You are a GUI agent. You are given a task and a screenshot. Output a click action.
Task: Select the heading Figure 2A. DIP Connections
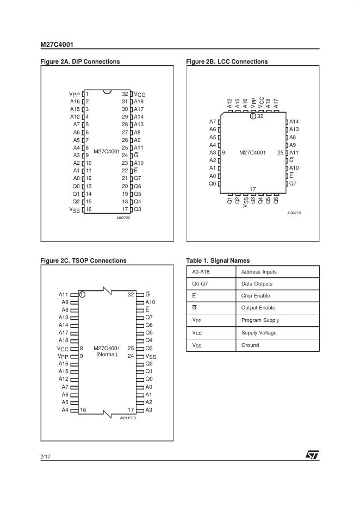(x=80, y=62)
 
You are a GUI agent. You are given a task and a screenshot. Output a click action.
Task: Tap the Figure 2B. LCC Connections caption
(x=227, y=62)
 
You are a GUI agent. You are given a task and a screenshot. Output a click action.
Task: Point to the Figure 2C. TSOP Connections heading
(x=83, y=260)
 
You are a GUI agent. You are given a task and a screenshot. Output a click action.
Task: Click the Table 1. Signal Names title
(x=218, y=260)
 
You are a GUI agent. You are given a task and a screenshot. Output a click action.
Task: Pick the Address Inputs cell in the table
(x=259, y=272)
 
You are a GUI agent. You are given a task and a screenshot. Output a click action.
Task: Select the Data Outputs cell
(x=257, y=284)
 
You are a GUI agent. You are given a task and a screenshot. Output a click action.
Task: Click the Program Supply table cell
(x=260, y=320)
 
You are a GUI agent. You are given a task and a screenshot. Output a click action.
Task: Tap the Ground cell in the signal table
(x=250, y=345)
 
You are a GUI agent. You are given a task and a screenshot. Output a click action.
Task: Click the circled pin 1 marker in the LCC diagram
(x=253, y=116)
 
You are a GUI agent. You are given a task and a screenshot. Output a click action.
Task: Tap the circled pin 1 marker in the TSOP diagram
(x=82, y=294)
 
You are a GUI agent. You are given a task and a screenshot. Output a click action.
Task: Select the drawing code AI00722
(x=123, y=218)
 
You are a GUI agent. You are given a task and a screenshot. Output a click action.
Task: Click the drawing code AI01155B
(x=128, y=418)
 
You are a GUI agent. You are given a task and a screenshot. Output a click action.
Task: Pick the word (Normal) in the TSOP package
(x=107, y=355)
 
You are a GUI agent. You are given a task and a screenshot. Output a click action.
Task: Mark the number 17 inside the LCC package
(x=253, y=189)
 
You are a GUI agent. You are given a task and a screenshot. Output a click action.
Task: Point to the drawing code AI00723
(x=294, y=213)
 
